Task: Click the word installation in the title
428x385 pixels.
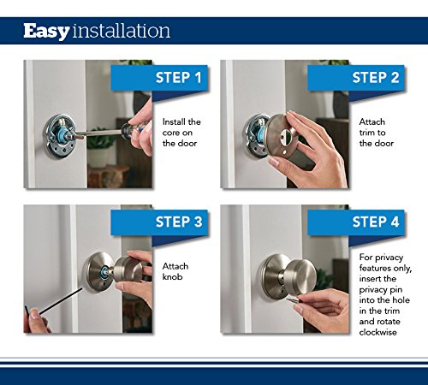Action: [121, 32]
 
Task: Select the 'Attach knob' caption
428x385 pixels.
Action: [175, 272]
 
